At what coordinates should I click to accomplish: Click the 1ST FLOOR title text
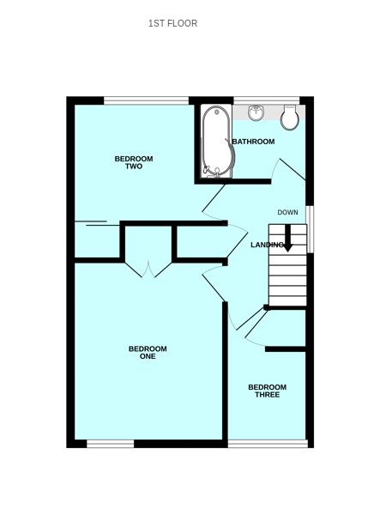point(172,23)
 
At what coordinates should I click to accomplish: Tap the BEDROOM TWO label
point(134,162)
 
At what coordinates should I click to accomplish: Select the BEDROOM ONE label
point(148,352)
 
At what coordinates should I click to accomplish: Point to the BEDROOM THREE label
point(267,391)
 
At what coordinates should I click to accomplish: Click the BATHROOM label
point(253,142)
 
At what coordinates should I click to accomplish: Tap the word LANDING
point(267,245)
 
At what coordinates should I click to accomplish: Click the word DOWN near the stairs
point(287,212)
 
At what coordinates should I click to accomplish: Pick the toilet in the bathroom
point(289,118)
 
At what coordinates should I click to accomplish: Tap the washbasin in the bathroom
point(256,113)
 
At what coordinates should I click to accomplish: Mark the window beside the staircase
point(310,228)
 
